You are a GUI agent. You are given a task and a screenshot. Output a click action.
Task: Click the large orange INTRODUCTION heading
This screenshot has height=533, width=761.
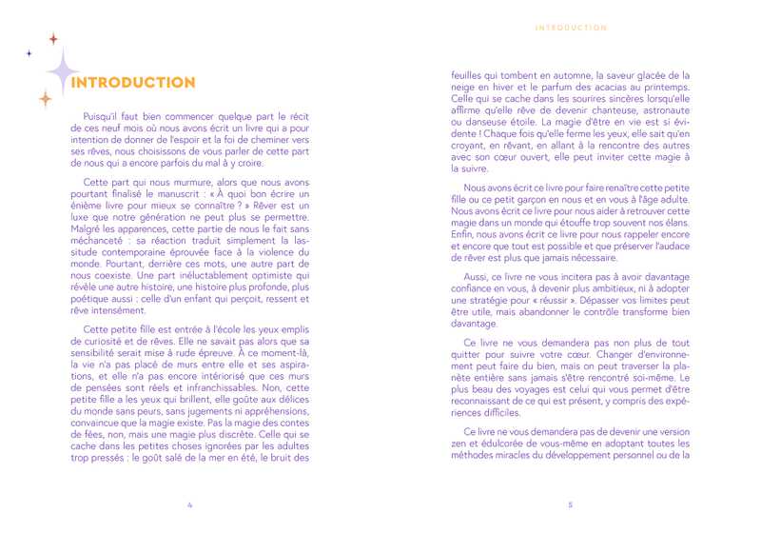133,83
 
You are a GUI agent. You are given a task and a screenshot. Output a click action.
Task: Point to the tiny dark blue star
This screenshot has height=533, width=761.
29,52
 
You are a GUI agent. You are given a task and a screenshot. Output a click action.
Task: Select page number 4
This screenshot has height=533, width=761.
191,504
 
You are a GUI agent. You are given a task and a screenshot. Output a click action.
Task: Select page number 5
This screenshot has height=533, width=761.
569,504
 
